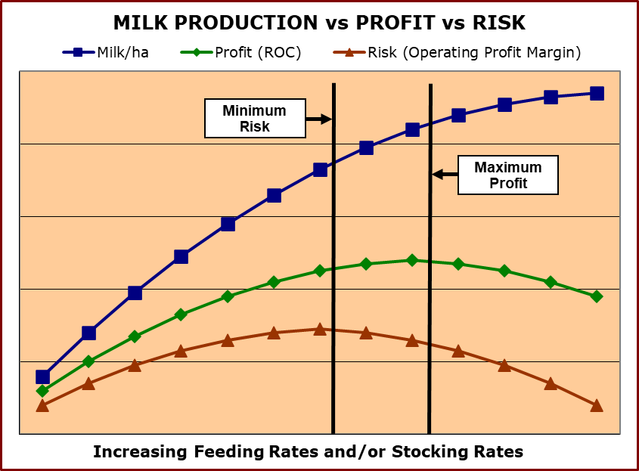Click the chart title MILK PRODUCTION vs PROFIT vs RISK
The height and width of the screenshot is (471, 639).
click(319, 23)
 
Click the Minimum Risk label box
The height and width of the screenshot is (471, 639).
click(255, 119)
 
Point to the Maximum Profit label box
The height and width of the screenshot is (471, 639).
click(507, 175)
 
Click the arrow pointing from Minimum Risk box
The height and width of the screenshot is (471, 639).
click(318, 119)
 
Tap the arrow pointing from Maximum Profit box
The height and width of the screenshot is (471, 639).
click(445, 174)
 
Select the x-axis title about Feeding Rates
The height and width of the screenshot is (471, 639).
click(308, 452)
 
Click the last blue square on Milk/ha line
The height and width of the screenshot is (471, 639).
click(597, 94)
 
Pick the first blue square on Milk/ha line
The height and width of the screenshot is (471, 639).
click(42, 376)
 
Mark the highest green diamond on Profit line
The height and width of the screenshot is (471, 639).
click(412, 260)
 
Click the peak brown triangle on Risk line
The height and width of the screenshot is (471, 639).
click(320, 329)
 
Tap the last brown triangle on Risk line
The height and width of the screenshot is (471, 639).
click(597, 406)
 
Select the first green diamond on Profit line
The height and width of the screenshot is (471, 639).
click(42, 391)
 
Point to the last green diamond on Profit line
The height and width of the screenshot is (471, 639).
click(597, 296)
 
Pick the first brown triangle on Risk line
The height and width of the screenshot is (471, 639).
click(42, 406)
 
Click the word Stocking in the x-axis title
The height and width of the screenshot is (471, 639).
click(411, 452)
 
